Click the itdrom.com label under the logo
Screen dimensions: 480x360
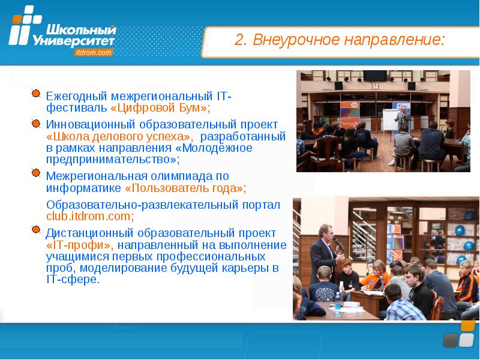click(x=93, y=53)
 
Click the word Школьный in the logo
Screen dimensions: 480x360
click(x=81, y=31)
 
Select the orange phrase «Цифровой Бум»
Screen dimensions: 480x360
click(x=158, y=108)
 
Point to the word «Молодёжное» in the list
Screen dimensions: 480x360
click(x=214, y=148)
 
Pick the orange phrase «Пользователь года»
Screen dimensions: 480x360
click(x=184, y=188)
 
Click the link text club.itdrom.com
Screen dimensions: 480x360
click(x=88, y=217)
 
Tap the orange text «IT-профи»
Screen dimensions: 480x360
click(x=80, y=245)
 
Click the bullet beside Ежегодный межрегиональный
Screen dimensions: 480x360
click(x=36, y=94)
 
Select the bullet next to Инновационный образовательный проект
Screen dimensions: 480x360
click(x=36, y=124)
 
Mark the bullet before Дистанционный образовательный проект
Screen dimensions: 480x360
click(x=36, y=229)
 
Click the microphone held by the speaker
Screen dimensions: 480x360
click(x=338, y=244)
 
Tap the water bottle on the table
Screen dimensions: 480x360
click(x=338, y=304)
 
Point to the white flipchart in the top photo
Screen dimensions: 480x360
click(x=390, y=119)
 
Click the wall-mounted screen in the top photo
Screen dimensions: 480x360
click(x=375, y=76)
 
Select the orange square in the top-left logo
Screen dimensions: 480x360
click(x=17, y=20)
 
